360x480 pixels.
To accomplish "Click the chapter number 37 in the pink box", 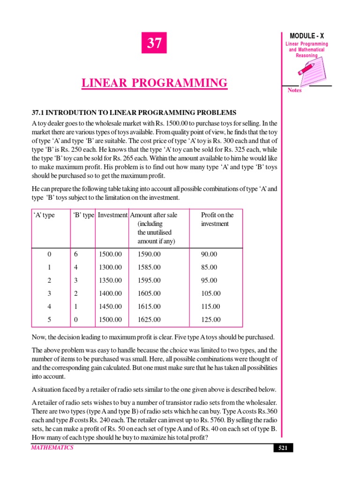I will [154, 44].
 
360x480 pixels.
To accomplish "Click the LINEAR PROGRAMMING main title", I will [154, 83].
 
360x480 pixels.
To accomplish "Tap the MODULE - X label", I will [307, 36].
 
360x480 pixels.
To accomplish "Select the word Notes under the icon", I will [295, 90].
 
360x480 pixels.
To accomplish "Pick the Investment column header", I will [112, 215].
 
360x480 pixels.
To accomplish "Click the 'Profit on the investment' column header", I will [217, 219].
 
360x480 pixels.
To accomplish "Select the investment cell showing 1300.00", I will [110, 267].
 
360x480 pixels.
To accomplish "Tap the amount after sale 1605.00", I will [149, 293].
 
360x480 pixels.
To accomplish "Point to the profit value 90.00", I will [209, 254].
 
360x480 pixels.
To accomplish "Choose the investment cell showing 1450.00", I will [110, 307].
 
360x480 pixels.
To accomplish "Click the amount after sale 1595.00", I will [149, 280].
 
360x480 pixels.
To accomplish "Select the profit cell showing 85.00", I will [209, 267].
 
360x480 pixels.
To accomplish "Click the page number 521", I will [283, 448].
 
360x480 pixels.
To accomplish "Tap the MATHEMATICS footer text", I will [52, 448].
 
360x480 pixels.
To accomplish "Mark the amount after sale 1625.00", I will [149, 320].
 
